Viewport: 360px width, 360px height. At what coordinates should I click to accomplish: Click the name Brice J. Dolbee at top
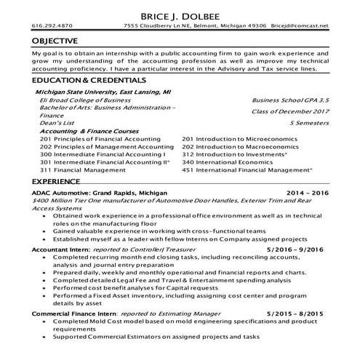point(180,15)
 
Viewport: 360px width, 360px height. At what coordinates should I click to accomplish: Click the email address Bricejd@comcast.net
point(300,26)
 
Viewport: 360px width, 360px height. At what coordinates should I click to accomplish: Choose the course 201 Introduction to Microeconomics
point(236,139)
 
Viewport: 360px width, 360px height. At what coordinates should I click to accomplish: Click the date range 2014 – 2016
point(307,193)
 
